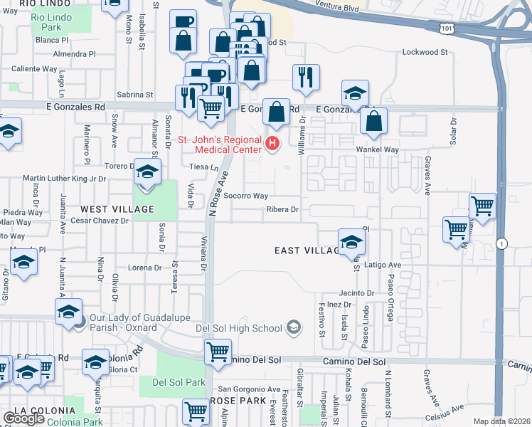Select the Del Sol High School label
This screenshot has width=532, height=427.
[x=245, y=328]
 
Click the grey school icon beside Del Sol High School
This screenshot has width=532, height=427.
[x=292, y=327]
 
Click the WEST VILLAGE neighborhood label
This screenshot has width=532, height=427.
[x=117, y=209]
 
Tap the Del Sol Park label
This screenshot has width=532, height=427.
[x=179, y=382]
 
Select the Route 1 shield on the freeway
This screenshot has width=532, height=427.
[x=502, y=243]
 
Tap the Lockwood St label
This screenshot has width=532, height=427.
[x=424, y=52]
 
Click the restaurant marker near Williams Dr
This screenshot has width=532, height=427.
[x=306, y=78]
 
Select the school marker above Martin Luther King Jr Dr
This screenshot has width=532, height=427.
[x=147, y=172]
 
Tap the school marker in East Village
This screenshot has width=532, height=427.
[x=351, y=242]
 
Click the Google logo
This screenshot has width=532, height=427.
[x=23, y=418]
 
